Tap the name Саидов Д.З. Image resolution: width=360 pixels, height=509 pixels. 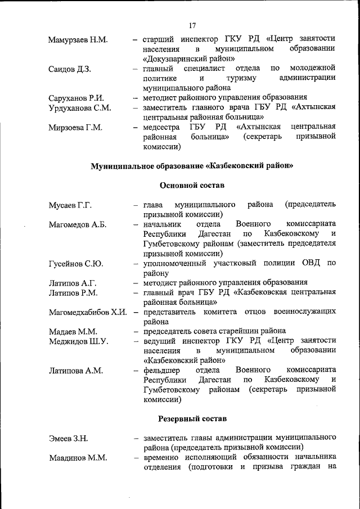point(70,70)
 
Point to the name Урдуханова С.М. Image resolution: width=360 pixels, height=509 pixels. point(80,107)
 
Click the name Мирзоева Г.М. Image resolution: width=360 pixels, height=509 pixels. point(75,128)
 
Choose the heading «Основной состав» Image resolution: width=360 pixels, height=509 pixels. point(192,185)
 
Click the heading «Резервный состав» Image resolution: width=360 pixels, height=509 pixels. point(192,419)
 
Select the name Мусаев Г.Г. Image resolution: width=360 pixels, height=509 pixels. point(70,205)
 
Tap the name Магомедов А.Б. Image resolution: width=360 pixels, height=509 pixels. point(78,225)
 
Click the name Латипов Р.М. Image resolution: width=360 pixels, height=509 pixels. point(73,292)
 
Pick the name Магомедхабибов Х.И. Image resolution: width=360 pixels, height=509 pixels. point(87,313)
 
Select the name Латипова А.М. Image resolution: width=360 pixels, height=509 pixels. point(75,371)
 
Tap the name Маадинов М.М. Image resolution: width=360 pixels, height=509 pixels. point(78,458)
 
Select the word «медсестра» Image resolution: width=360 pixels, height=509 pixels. point(161,127)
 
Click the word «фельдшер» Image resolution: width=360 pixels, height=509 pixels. point(161,370)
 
